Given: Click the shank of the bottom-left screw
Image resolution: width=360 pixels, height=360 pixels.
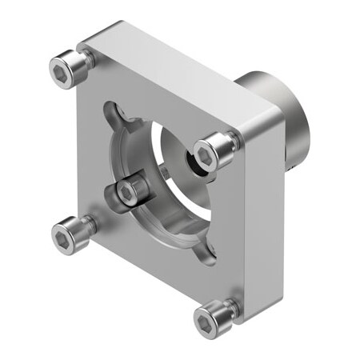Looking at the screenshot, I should [x=86, y=225].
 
